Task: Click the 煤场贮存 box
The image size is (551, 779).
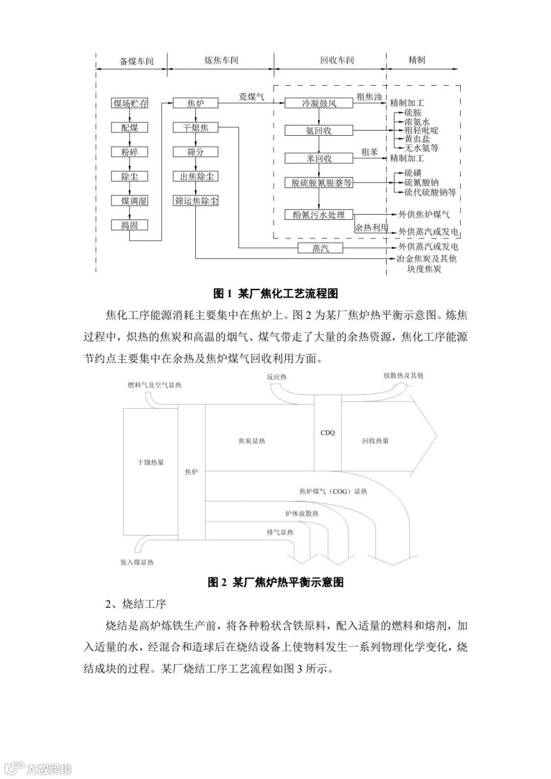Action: (130, 104)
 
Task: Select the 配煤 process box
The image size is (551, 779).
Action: (130, 128)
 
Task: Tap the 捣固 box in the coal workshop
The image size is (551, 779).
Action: (130, 225)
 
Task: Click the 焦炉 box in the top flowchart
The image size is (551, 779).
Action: (196, 104)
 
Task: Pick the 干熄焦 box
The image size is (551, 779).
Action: (196, 128)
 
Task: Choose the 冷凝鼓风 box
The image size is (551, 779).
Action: (319, 104)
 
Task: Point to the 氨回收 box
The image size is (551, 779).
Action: (319, 131)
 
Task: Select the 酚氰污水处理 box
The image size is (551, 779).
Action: (319, 215)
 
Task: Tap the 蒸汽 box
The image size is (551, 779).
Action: (320, 248)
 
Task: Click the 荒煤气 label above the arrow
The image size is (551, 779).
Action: (252, 96)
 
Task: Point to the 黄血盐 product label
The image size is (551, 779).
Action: (417, 139)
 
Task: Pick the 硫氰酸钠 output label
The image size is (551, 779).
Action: (421, 183)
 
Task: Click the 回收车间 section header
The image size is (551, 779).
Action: (337, 60)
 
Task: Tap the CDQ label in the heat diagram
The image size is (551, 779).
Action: (328, 433)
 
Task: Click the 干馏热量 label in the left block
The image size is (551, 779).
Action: (151, 462)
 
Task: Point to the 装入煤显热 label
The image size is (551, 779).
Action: (137, 562)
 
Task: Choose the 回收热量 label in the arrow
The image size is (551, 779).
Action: (375, 441)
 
